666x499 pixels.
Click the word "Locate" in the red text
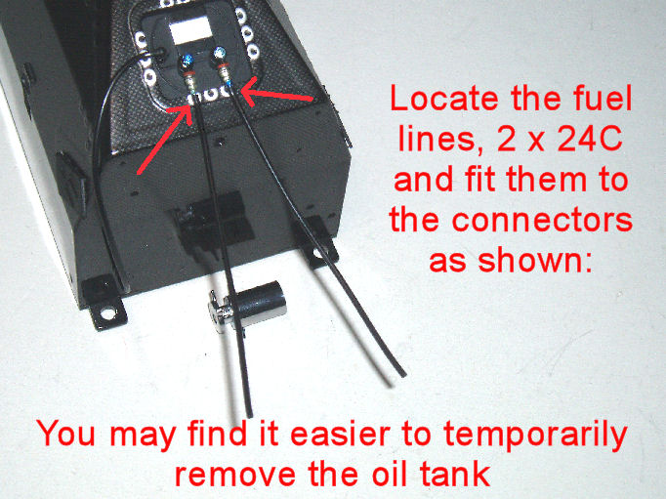pyautogui.click(x=444, y=99)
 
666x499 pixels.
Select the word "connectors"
pyautogui.click(x=542, y=220)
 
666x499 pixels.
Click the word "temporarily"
pyautogui.click(x=535, y=436)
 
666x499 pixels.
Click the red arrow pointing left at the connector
pyautogui.click(x=277, y=94)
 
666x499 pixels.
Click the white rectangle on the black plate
pyautogui.click(x=189, y=29)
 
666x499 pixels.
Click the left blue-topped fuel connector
pyautogui.click(x=188, y=73)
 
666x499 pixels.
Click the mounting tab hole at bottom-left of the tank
pyautogui.click(x=107, y=314)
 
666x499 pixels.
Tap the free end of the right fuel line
pyautogui.click(x=402, y=374)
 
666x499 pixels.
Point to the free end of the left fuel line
pyautogui.click(x=250, y=414)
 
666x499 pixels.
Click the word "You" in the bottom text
pyautogui.click(x=65, y=434)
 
